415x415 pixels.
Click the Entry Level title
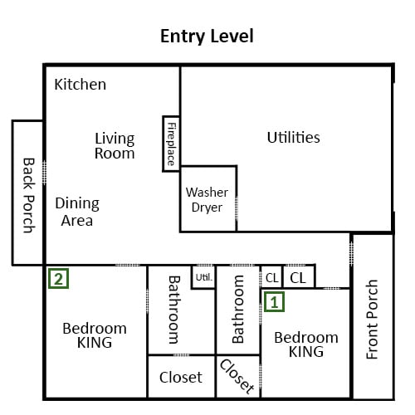coord(207,37)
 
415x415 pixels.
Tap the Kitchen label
coord(81,84)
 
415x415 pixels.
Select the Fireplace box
coord(171,144)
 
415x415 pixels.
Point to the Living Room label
coord(115,146)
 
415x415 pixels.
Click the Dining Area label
coord(77,212)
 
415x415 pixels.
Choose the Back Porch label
coord(28,195)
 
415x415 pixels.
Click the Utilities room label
coord(294,137)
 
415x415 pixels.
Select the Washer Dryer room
coord(208,198)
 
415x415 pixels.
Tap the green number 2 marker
coord(58,279)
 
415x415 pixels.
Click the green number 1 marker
coord(274,302)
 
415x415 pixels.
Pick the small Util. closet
coord(203,277)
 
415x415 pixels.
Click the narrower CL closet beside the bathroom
coord(271,277)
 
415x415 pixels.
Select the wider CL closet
coord(299,277)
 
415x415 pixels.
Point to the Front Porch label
coord(372,320)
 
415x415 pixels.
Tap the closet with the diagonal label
coord(238,377)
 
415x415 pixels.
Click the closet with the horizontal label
coord(181,377)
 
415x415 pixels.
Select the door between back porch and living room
coord(44,173)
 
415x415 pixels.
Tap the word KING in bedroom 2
coord(95,343)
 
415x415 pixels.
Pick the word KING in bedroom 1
coord(306,352)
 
